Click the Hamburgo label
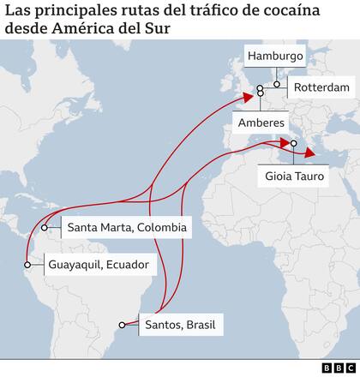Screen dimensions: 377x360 click(276, 57)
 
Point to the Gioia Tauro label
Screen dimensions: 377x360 click(298, 180)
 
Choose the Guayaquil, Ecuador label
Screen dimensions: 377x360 click(99, 264)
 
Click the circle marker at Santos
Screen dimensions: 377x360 click(123, 325)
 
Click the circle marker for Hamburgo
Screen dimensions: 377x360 click(276, 85)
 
